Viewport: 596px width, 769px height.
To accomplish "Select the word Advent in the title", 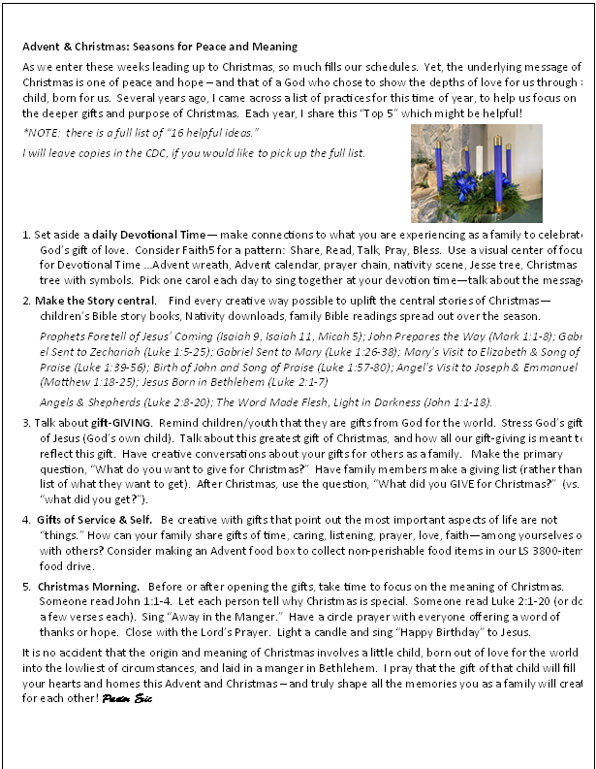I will point(45,47).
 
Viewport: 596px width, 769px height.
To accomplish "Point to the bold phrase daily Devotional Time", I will point(147,235).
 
